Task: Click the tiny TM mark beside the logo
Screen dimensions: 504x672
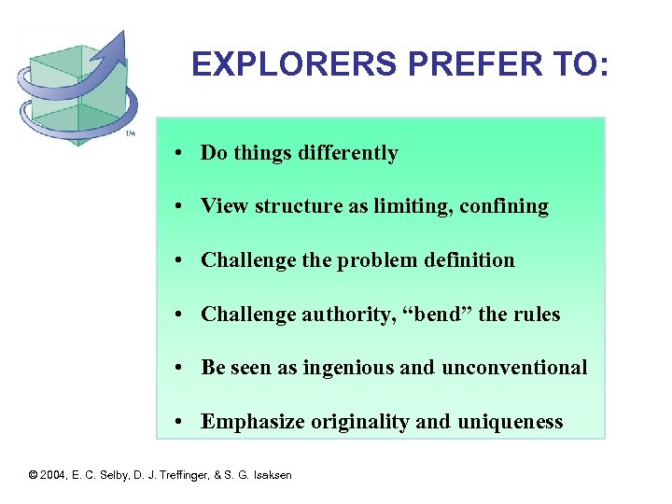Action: point(130,134)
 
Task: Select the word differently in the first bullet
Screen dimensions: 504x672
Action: point(348,153)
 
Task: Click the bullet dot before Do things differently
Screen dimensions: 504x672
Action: point(176,154)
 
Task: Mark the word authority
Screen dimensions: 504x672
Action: point(343,315)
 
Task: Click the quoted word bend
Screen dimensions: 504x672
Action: point(436,315)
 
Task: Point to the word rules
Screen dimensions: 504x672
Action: point(535,315)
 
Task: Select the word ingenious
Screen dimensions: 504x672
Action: point(348,368)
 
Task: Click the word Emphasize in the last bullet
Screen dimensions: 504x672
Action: point(249,422)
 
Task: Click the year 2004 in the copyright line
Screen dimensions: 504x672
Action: point(53,475)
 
